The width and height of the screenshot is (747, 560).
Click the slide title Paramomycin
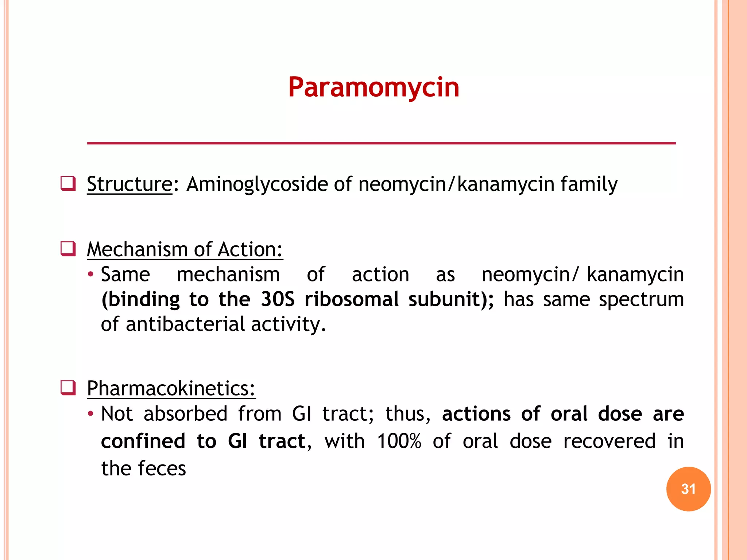click(373, 87)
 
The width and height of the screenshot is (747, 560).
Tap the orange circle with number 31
click(688, 489)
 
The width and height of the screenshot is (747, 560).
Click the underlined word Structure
click(129, 184)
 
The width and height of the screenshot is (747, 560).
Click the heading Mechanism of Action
click(185, 250)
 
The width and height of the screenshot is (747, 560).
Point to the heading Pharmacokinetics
click(171, 388)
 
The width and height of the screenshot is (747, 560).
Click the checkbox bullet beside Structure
click(68, 183)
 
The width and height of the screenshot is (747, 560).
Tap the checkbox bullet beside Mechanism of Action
click(68, 249)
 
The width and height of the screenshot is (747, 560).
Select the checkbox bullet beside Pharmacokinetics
click(68, 388)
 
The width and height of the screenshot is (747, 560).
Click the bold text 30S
click(277, 299)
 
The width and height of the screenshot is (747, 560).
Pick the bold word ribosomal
click(352, 299)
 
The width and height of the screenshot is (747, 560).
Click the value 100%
click(399, 441)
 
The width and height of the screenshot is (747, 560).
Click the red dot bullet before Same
click(91, 274)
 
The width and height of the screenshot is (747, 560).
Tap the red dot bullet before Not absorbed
click(91, 414)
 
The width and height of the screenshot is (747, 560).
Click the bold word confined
click(143, 441)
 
